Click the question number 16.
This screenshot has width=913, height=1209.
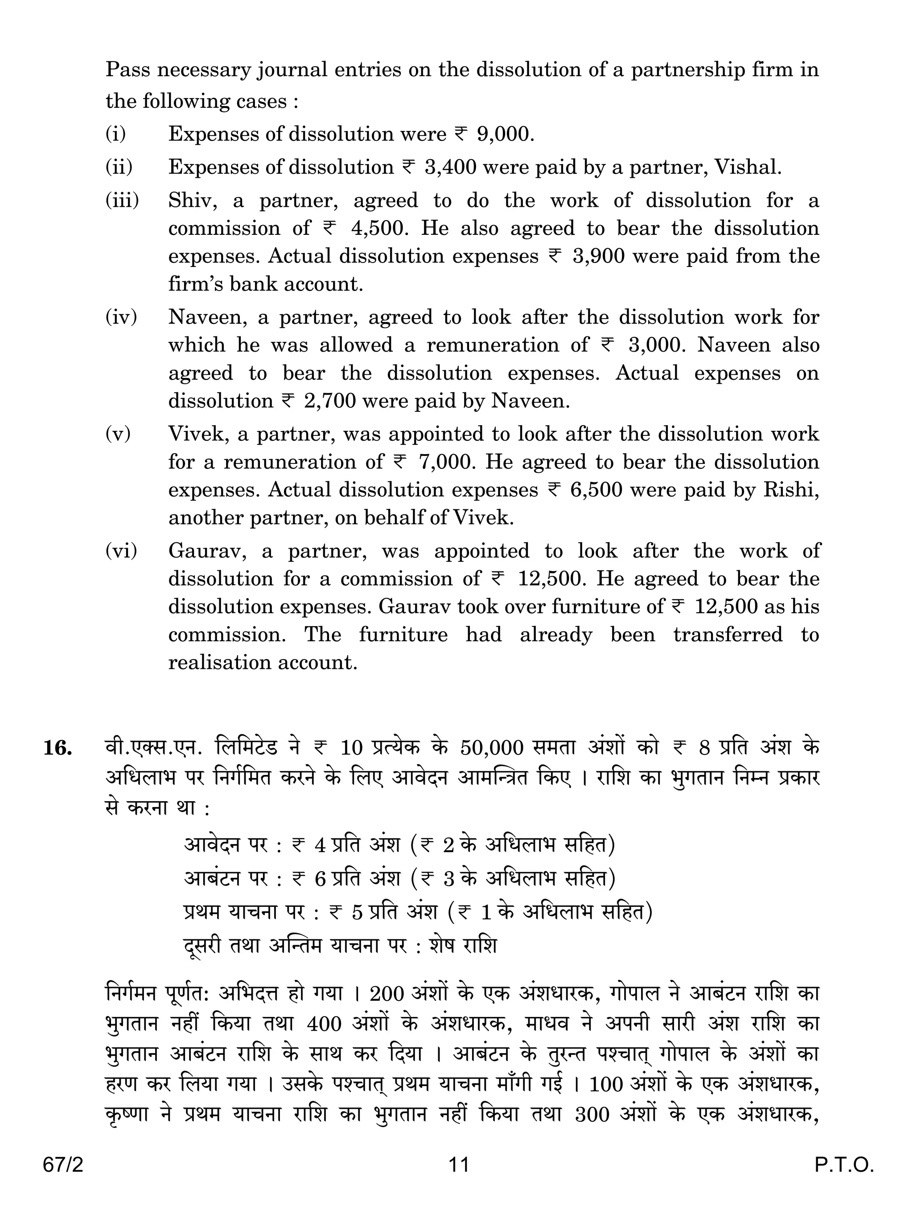[58, 748]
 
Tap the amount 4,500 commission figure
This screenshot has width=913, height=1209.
[379, 229]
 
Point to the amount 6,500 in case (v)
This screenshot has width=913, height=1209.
[596, 490]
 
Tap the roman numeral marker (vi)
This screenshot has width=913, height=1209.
[121, 551]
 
